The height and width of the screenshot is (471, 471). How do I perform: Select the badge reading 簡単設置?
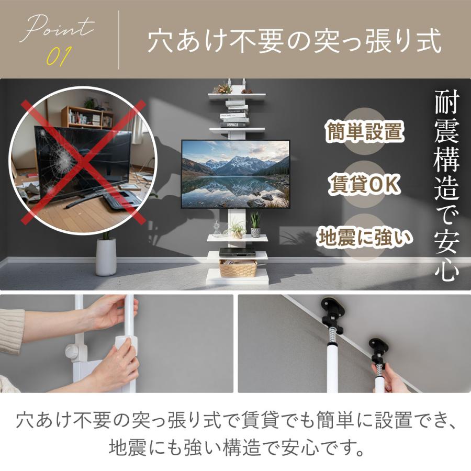click(364, 131)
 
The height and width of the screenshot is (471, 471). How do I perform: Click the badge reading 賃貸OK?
click(364, 184)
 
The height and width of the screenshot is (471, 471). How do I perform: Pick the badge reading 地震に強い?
click(364, 237)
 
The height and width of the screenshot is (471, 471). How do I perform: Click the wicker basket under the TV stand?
click(238, 268)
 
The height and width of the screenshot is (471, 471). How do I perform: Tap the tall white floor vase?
click(106, 257)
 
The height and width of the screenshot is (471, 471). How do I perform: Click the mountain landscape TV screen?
click(235, 174)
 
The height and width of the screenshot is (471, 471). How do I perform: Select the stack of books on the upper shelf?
click(235, 114)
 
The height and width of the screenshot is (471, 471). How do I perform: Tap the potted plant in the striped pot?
click(255, 225)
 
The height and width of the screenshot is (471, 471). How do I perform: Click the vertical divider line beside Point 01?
click(119, 40)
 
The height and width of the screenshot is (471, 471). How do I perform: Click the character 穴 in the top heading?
click(161, 40)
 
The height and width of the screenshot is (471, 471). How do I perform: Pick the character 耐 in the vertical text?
click(447, 103)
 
